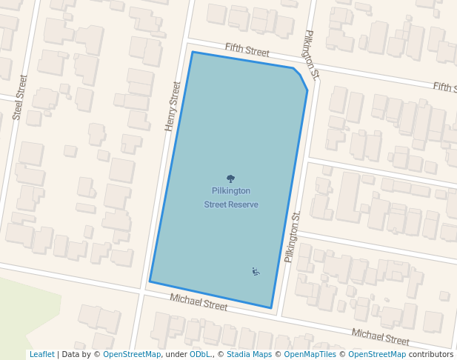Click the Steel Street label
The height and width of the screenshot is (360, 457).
point(20,97)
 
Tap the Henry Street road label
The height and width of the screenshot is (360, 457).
point(173,107)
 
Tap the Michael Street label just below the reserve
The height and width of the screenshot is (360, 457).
point(199,301)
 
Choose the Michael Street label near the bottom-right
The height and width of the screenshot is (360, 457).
point(380,337)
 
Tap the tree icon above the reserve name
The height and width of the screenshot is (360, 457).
point(230,179)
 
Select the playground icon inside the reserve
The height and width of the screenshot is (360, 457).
point(256,271)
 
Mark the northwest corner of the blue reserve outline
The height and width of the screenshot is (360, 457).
point(193,52)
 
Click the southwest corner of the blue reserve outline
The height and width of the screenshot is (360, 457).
point(150,281)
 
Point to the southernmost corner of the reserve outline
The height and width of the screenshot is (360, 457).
point(271,308)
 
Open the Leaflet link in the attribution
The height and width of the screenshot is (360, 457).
point(42,354)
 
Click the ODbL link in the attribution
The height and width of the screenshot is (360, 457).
point(200,354)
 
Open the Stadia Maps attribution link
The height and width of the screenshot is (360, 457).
point(249,354)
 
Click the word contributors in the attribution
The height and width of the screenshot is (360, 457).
point(431,354)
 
